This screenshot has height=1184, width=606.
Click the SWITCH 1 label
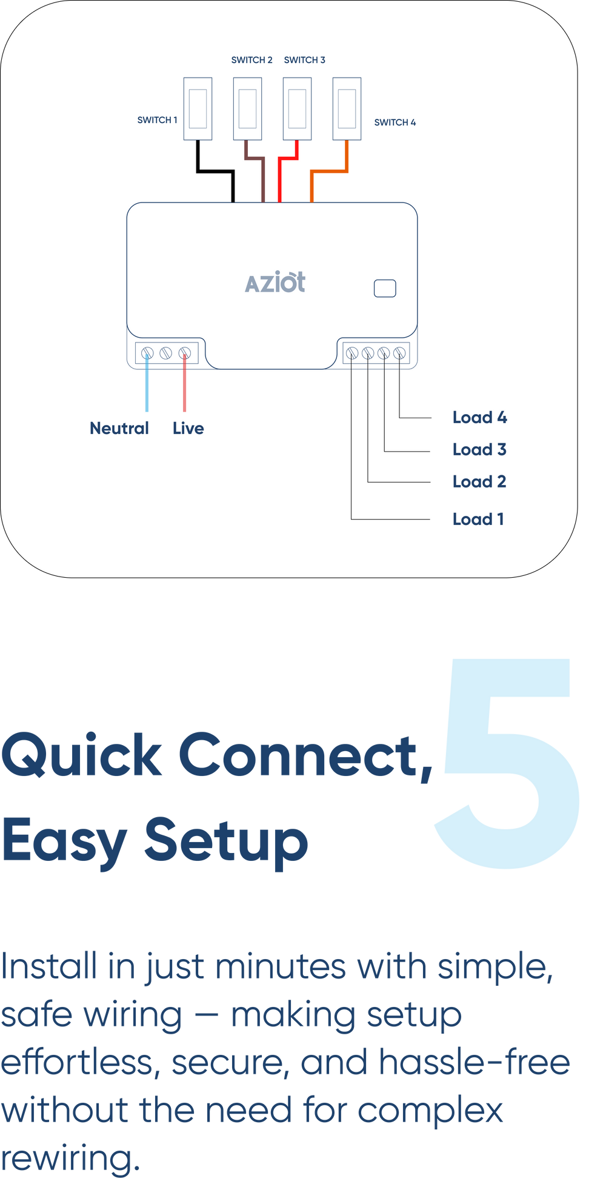click(x=157, y=120)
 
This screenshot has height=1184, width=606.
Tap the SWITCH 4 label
click(x=395, y=122)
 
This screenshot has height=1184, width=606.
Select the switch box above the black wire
click(x=198, y=109)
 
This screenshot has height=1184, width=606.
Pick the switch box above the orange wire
click(x=347, y=109)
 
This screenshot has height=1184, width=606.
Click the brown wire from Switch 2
click(x=263, y=179)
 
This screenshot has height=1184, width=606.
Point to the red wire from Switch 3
click(x=279, y=179)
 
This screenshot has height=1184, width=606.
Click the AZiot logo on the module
click(x=275, y=283)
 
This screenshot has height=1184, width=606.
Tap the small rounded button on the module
click(x=385, y=289)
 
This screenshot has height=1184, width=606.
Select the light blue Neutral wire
click(x=147, y=388)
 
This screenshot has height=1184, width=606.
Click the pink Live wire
click(x=184, y=388)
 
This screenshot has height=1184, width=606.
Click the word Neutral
click(x=119, y=429)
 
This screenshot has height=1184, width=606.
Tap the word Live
click(x=188, y=429)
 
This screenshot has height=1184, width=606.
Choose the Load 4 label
click(x=479, y=418)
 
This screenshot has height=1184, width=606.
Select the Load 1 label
click(x=478, y=520)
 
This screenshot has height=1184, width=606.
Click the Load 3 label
click(x=479, y=450)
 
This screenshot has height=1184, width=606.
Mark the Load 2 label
click(x=479, y=482)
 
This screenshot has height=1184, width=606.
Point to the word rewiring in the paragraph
click(x=70, y=1158)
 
